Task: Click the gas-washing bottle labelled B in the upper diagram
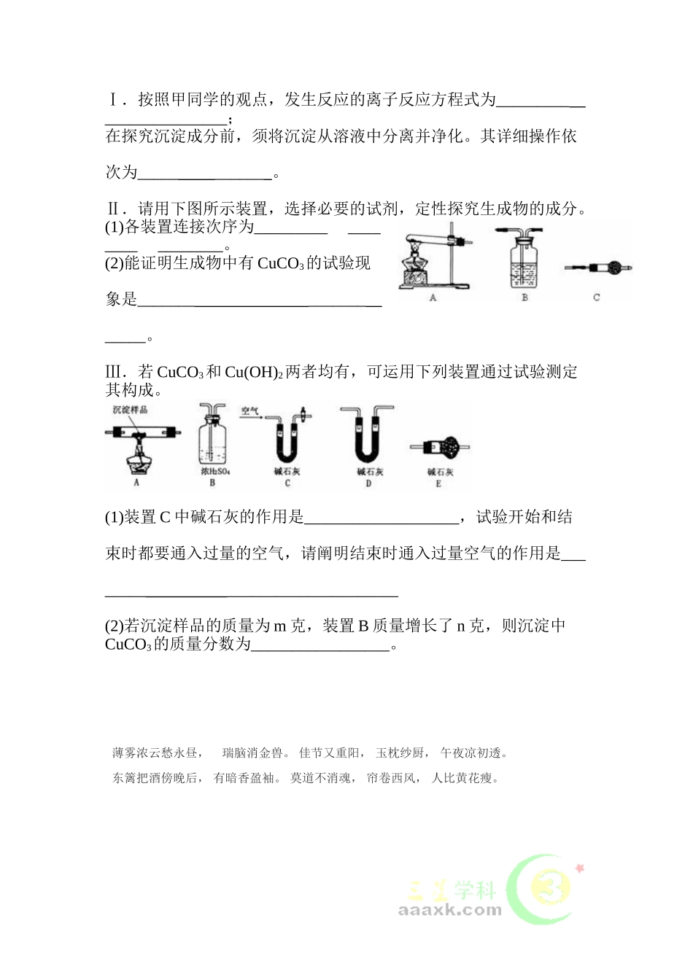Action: pos(524,262)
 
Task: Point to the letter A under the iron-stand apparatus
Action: pos(433,297)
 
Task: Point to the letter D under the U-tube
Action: pos(368,483)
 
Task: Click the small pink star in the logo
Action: pos(580,868)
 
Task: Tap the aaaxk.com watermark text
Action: pos(450,910)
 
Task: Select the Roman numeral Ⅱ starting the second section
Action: pos(113,209)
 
